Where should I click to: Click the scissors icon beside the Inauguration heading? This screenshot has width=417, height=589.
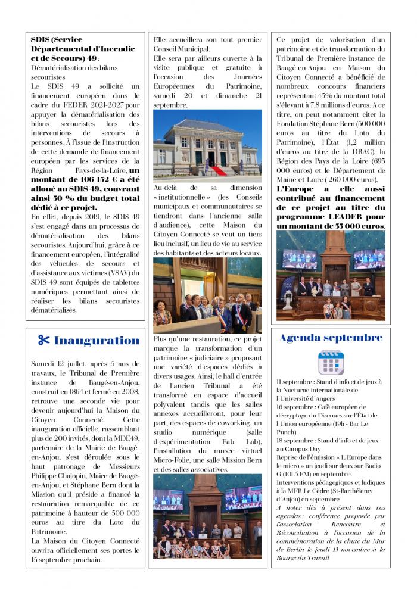coord(44,341)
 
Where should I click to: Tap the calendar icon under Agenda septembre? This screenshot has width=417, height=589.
coord(331,361)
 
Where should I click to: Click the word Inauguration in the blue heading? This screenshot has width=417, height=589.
coord(97,341)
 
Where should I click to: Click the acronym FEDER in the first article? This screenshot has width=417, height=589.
coord(72,105)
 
